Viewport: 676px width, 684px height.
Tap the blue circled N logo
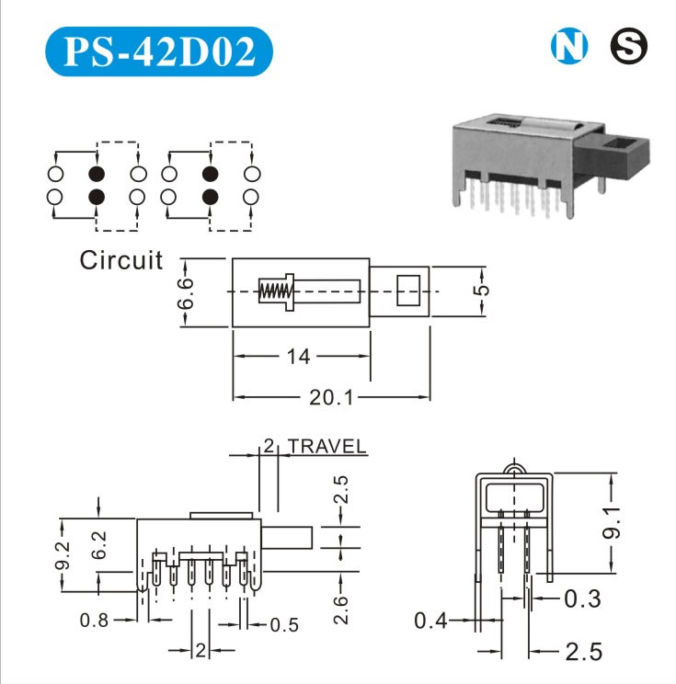pos(567,47)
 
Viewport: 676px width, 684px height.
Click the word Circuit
pos(120,260)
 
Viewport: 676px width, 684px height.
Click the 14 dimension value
pos(299,355)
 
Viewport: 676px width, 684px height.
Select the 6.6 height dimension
pos(186,291)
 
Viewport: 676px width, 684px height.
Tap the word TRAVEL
pos(327,448)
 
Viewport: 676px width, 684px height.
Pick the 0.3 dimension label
pos(581,599)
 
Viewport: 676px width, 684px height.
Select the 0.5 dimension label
pos(284,625)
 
